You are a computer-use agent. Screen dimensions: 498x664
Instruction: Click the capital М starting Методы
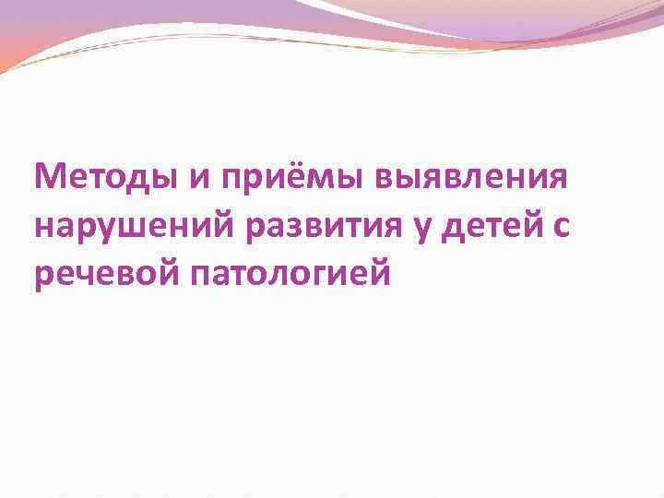point(48,176)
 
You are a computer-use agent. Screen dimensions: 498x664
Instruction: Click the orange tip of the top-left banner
point(7,63)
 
